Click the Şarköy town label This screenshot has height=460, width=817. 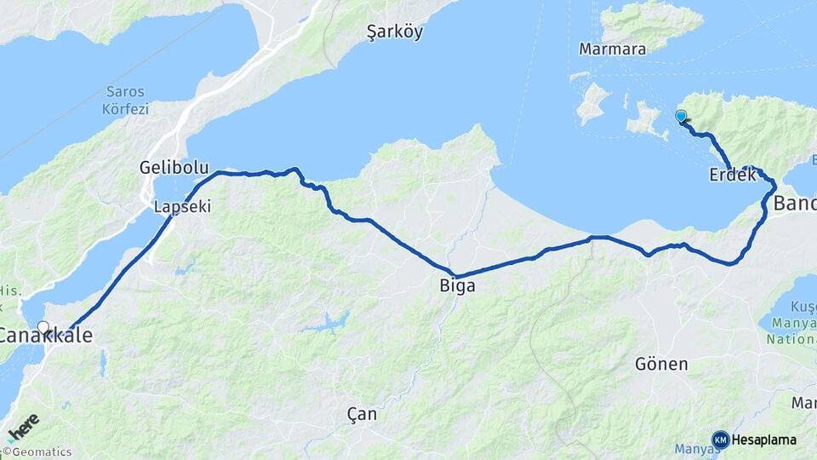[394, 32]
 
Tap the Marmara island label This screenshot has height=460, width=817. [612, 49]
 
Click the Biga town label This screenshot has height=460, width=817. [457, 286]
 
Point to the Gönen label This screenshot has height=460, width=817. [661, 365]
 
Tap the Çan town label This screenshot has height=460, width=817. [362, 415]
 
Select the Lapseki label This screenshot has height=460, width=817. [181, 207]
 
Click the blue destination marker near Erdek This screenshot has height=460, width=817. [681, 117]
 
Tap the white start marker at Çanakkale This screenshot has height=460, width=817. [43, 327]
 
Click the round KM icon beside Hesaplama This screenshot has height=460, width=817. [720, 440]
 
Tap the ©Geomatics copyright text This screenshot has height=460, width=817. [37, 452]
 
